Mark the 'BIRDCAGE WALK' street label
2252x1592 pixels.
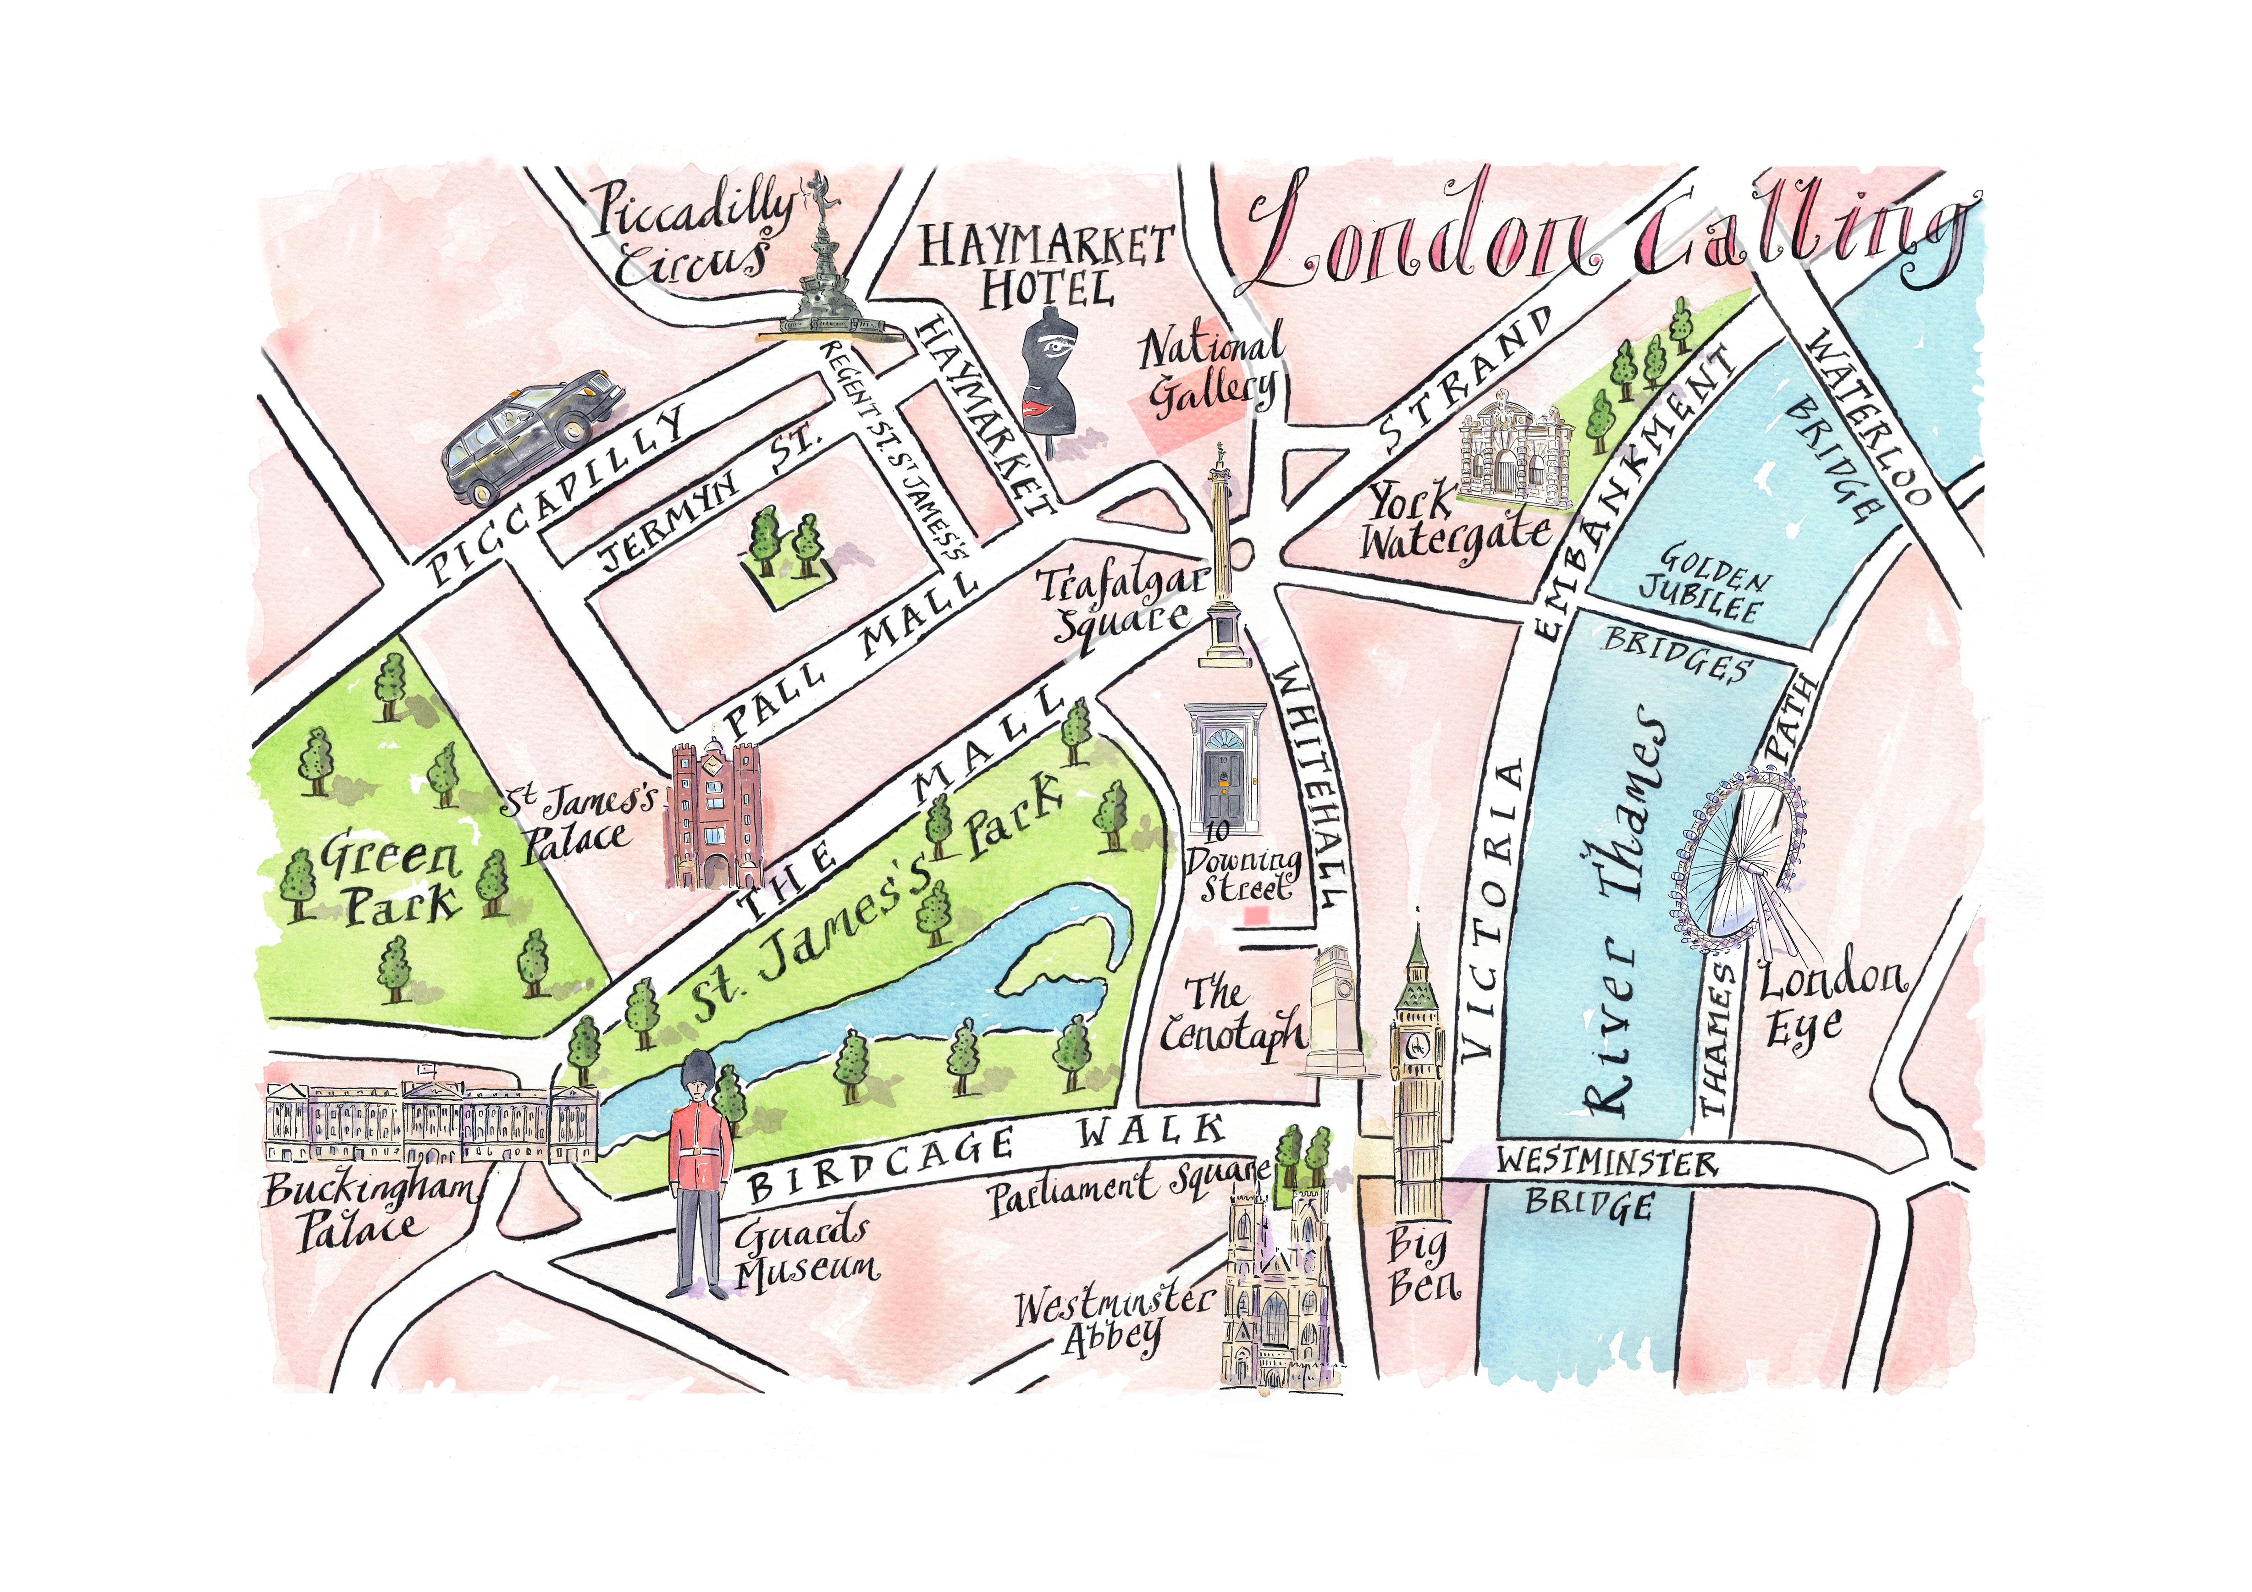[x=986, y=1157]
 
